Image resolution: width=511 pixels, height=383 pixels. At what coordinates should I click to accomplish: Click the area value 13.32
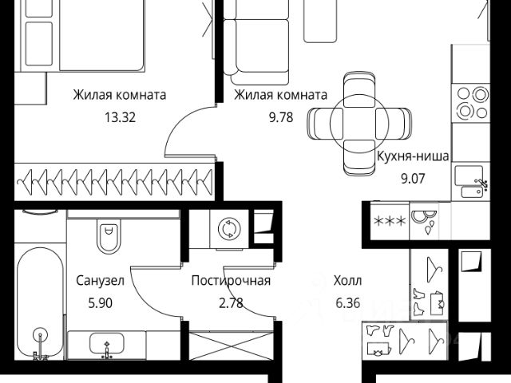point(119,116)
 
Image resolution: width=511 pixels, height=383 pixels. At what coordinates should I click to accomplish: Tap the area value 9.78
point(279,116)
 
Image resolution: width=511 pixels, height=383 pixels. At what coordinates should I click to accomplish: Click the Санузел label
point(100,281)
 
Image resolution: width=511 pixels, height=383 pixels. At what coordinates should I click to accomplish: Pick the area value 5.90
point(100,302)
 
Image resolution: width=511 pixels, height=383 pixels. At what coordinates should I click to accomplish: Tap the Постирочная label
point(232,281)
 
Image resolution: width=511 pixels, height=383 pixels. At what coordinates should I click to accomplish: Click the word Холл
point(347,281)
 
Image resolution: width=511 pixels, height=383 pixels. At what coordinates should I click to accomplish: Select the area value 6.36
point(347,302)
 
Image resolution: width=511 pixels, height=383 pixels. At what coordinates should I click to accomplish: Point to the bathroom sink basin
point(108,345)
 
